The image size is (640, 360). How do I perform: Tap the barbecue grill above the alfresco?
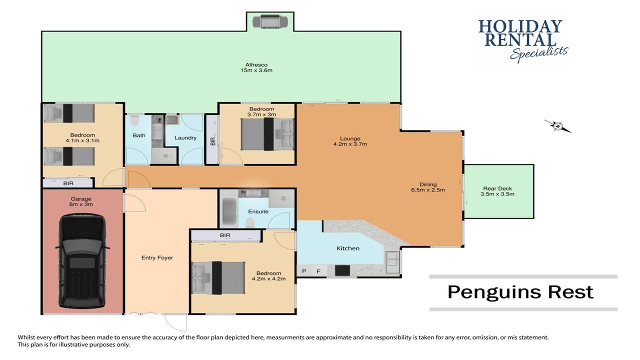tap(270, 22)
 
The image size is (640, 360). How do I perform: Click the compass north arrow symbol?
tap(557, 126)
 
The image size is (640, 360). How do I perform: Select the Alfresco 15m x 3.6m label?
tap(256, 67)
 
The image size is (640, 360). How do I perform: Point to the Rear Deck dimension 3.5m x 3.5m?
tap(497, 194)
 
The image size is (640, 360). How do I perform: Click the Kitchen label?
tap(348, 248)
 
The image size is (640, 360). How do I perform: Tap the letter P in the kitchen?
tap(304, 271)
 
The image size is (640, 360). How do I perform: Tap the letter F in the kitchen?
tap(318, 271)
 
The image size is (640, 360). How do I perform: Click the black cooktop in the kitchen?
tap(342, 270)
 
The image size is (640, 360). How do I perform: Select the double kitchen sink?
tap(392, 262)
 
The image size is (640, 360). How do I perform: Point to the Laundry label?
tap(185, 137)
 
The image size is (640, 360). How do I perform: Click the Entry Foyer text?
tap(157, 257)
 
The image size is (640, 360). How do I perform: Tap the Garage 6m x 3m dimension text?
tap(81, 204)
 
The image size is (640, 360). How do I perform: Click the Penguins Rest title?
tap(520, 292)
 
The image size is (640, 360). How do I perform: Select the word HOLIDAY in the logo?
tap(520, 26)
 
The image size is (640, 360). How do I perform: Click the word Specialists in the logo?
tap(539, 53)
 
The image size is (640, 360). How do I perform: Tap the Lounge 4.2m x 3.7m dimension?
tap(350, 144)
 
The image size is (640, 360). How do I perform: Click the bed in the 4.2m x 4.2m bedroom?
tap(218, 277)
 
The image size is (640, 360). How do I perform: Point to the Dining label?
tap(428, 184)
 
